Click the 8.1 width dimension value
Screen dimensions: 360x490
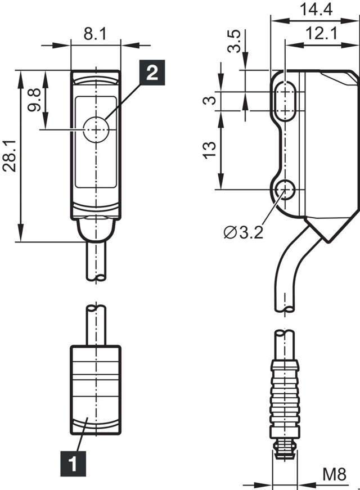(94, 33)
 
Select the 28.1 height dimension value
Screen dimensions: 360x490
(9, 155)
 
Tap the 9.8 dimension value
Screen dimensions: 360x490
(34, 100)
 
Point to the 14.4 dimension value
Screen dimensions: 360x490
(316, 10)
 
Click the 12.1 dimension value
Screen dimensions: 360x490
(322, 33)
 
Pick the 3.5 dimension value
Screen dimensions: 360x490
(234, 41)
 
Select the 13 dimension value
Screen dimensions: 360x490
(210, 150)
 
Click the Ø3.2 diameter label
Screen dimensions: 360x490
(244, 232)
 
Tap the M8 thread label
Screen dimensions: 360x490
(334, 474)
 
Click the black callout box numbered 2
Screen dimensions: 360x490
(152, 72)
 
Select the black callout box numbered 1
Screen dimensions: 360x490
(73, 464)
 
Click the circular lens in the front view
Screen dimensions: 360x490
(96, 129)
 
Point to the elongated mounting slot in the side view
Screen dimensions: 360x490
(285, 101)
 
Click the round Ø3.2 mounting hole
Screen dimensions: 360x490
(285, 190)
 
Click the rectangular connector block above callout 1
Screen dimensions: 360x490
(96, 390)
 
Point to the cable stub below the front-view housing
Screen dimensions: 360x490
(96, 261)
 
